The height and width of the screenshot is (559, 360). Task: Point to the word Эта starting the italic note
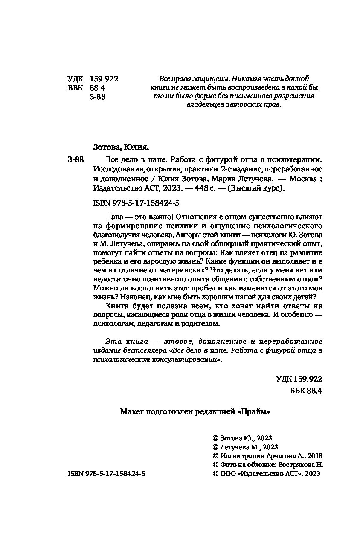pyautogui.click(x=112, y=342)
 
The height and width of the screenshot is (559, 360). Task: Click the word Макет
pyautogui.click(x=132, y=412)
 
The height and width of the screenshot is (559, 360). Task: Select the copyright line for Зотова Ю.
pyautogui.click(x=242, y=438)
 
